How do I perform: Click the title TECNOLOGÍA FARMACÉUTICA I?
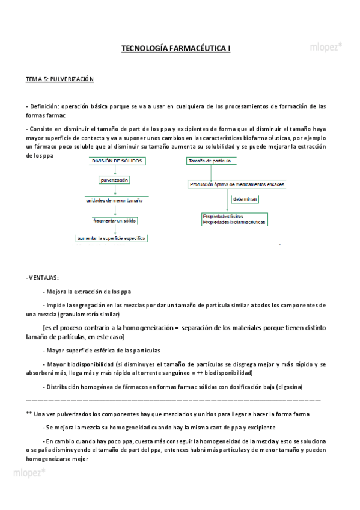pos(176,48)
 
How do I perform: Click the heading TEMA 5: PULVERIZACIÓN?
pos(59,79)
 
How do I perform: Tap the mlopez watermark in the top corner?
pos(326,45)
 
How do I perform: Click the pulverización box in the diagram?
pos(114,180)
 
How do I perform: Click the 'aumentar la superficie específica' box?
pos(112,239)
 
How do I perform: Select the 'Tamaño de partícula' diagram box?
pos(209,161)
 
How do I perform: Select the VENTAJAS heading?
pos(43,278)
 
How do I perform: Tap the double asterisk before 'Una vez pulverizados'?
pos(29,414)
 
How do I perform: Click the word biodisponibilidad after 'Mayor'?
pos(88,364)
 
